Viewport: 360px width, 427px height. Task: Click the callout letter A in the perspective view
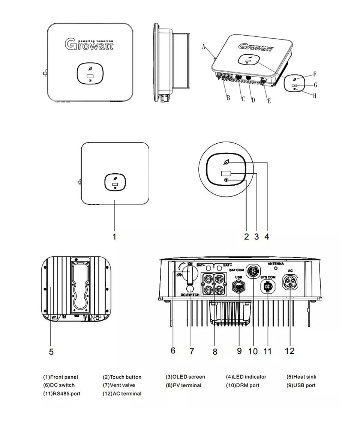(204, 47)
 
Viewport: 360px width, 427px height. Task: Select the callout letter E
(269, 101)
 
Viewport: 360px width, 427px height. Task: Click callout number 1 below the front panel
(114, 237)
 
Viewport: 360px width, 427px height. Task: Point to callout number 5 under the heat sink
(51, 352)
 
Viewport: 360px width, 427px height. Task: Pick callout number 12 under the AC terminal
(289, 350)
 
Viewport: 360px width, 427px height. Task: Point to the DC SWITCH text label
(190, 295)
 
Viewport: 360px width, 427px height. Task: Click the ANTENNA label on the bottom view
(276, 264)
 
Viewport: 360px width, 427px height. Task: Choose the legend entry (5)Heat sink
(301, 377)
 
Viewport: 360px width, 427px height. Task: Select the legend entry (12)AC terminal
(122, 394)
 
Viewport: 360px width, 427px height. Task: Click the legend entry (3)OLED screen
(185, 377)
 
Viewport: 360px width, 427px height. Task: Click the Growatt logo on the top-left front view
(89, 44)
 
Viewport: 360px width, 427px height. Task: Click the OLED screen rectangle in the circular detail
(226, 174)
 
